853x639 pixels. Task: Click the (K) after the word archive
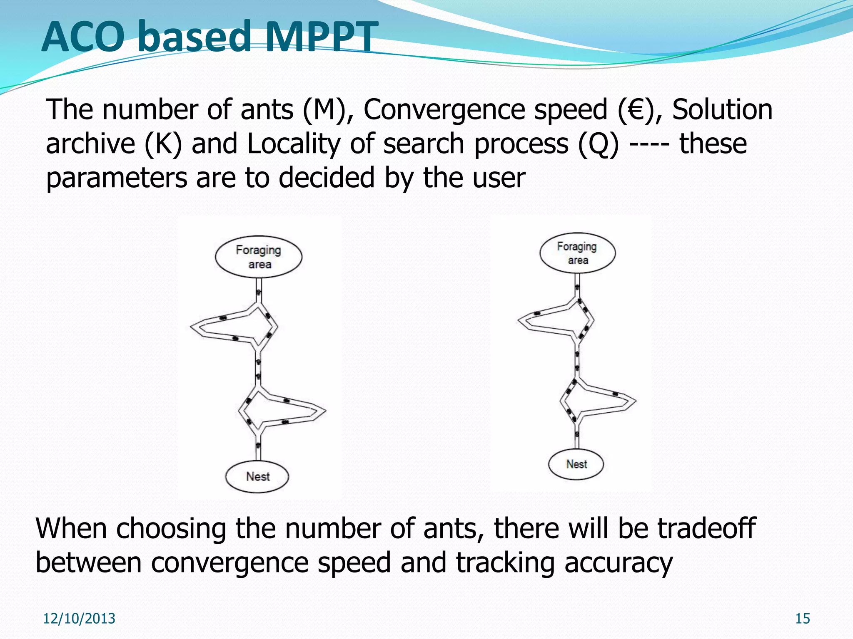[x=163, y=144]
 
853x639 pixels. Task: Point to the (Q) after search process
[x=598, y=144]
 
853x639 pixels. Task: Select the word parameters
[x=116, y=178]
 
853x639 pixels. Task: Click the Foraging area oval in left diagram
[x=259, y=257]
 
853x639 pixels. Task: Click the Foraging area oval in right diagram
[x=577, y=253]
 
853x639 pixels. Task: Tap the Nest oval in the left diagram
[x=257, y=476]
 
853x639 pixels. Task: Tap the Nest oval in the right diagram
[x=576, y=464]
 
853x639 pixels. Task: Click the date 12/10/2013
[x=79, y=619]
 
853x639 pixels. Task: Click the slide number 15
[x=802, y=619]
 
